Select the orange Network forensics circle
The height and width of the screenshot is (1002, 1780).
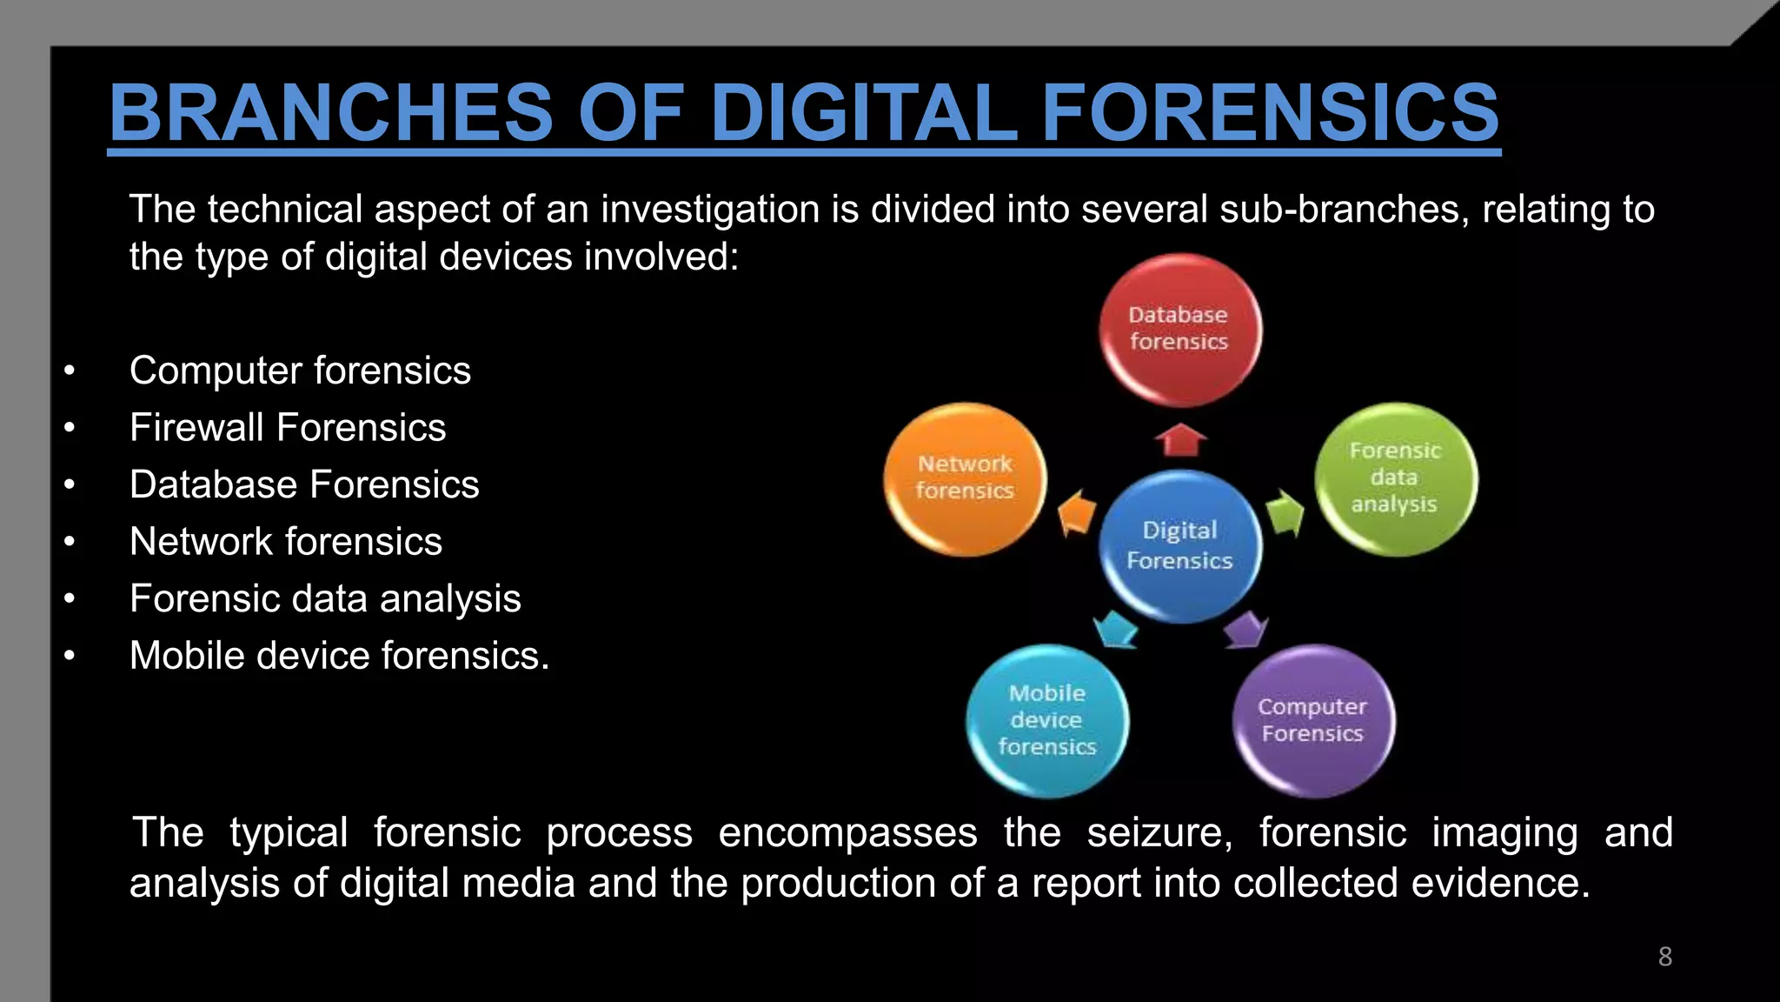(x=965, y=478)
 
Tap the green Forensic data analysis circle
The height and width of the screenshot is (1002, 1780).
(x=1395, y=478)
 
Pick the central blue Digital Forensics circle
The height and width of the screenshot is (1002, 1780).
(x=1179, y=545)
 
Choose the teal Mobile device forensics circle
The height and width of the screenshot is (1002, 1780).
(x=1046, y=720)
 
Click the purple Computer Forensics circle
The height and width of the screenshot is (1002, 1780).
(x=1312, y=720)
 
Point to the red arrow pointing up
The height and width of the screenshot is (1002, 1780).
(x=1180, y=440)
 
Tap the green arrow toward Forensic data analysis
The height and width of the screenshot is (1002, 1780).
(x=1284, y=514)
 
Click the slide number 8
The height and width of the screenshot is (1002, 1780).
(x=1664, y=957)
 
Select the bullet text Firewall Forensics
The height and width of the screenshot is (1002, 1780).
(x=288, y=428)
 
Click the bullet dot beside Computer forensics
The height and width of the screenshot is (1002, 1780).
(x=70, y=371)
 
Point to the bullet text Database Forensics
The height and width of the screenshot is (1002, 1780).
(x=304, y=484)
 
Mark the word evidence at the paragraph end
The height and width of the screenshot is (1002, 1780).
(x=1499, y=883)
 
